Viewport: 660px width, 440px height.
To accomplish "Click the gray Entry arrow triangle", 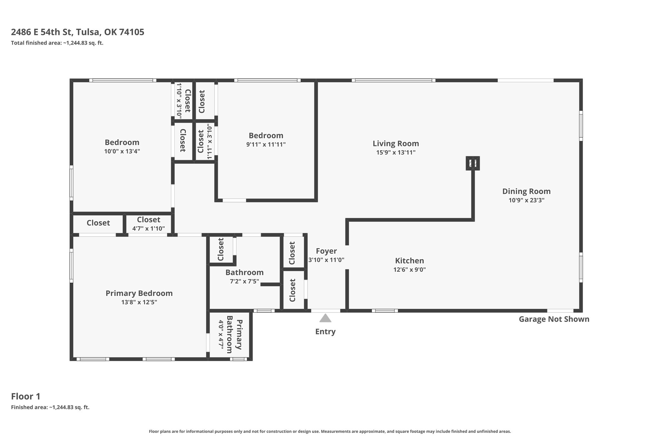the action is click(325, 318).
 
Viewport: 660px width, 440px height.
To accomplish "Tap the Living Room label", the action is click(396, 143).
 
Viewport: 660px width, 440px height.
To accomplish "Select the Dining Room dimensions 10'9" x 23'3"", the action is click(527, 200).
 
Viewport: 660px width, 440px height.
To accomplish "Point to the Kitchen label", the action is click(410, 260).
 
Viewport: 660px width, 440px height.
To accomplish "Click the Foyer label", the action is click(326, 251).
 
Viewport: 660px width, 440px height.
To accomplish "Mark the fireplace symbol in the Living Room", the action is click(473, 163).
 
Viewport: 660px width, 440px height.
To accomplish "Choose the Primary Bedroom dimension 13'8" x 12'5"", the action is click(139, 302).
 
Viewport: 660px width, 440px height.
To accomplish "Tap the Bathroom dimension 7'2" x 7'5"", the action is click(244, 281).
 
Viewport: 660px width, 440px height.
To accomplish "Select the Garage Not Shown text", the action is click(554, 319).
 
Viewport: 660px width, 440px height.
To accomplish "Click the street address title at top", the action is click(78, 32).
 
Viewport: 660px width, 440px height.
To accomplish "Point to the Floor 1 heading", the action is click(26, 396).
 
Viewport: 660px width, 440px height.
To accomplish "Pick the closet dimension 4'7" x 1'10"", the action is click(149, 229).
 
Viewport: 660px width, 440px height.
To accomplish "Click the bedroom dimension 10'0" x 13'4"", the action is click(122, 151).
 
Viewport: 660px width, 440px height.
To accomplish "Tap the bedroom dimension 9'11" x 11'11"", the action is click(266, 144).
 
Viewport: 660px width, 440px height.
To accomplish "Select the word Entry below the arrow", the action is click(325, 332).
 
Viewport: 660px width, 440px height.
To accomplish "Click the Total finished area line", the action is click(57, 43).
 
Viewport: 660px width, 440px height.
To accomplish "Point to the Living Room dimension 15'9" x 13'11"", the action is click(396, 152).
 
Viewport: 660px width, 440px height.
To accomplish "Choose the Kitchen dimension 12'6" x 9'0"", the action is click(410, 269).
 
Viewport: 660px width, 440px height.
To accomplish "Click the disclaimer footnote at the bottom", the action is click(330, 431).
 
